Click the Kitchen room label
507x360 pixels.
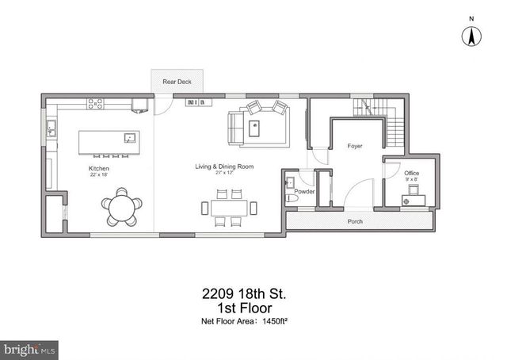point(99,169)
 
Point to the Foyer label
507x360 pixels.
point(355,147)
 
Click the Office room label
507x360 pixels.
point(412,172)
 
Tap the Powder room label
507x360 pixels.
point(305,191)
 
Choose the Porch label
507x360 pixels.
point(356,221)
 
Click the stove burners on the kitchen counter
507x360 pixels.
point(96,102)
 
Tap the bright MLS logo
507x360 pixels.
point(30,348)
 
